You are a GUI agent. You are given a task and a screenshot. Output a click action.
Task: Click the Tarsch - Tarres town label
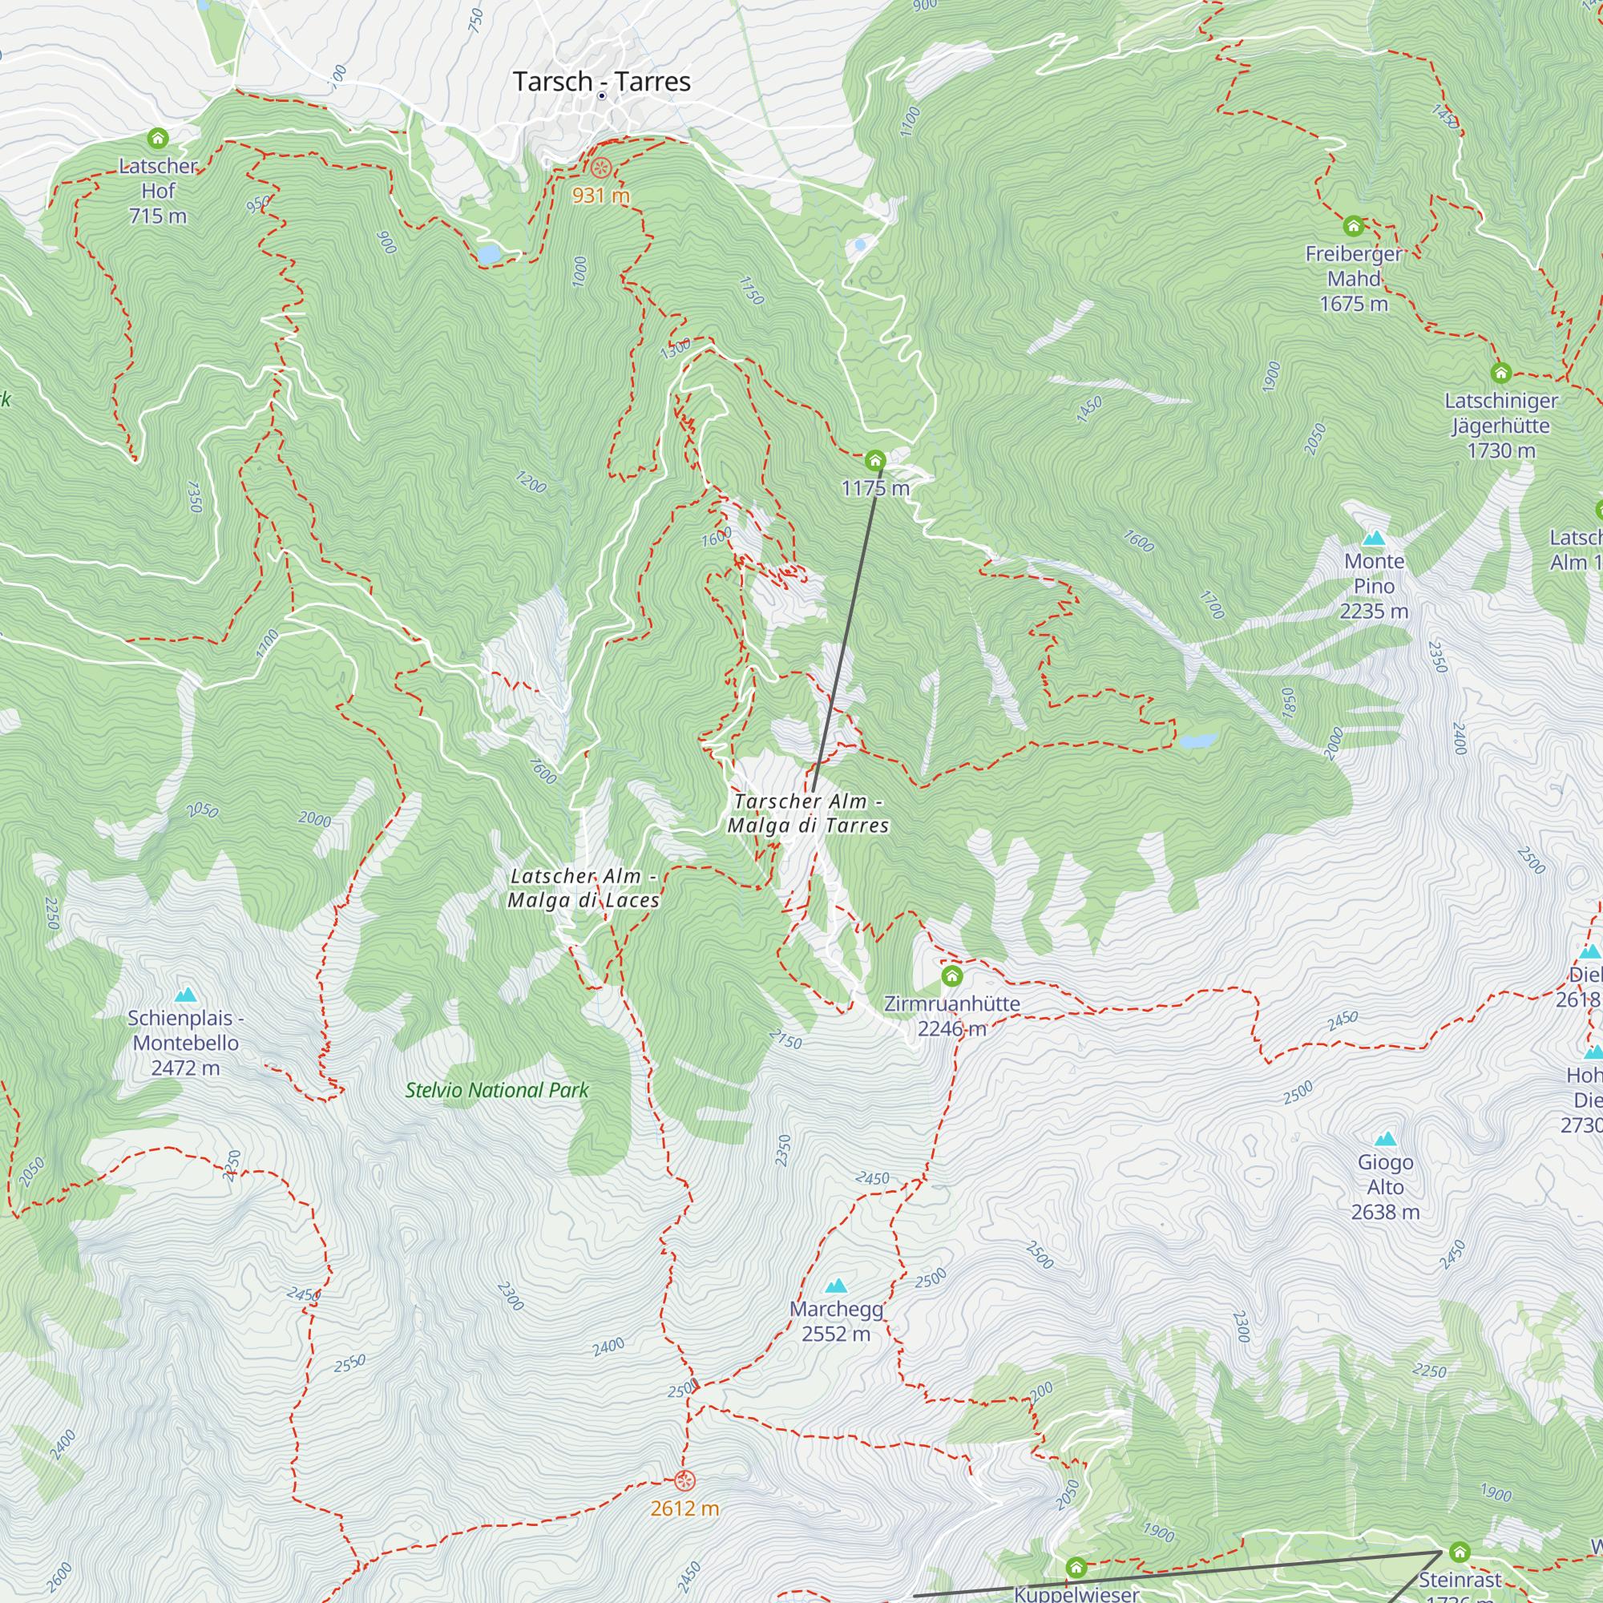click(x=602, y=81)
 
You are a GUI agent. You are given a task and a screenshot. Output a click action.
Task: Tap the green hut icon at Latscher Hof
click(x=158, y=138)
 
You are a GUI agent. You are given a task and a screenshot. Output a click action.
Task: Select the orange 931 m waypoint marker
click(x=600, y=168)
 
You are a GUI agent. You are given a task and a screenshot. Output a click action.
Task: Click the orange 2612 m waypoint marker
click(x=684, y=1481)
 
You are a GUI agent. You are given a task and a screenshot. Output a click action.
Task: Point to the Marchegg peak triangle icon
click(x=835, y=1286)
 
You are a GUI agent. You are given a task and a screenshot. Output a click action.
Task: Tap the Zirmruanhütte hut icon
click(x=951, y=975)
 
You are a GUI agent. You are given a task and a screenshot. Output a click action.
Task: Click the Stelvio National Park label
click(x=496, y=1090)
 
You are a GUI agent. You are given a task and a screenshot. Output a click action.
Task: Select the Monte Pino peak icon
click(x=1374, y=539)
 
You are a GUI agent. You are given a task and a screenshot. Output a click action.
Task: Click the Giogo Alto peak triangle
click(x=1385, y=1139)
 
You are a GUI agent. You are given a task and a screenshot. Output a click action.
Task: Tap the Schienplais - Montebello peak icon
click(x=186, y=995)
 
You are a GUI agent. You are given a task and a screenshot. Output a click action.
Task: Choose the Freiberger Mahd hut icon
click(x=1353, y=226)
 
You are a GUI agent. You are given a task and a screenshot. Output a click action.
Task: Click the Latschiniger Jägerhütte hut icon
click(x=1500, y=373)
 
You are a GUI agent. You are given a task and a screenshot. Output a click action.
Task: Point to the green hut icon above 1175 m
click(x=874, y=461)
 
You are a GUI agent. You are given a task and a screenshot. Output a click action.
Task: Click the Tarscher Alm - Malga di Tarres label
click(x=808, y=813)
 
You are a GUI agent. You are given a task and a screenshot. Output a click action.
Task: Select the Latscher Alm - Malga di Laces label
click(x=583, y=888)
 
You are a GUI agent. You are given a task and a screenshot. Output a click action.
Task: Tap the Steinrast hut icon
click(x=1460, y=1552)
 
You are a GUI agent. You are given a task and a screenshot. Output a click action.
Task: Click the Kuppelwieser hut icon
click(x=1076, y=1567)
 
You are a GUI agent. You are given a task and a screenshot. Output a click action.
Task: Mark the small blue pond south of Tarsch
click(x=488, y=253)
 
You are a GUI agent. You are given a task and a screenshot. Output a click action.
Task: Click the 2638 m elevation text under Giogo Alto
click(x=1385, y=1212)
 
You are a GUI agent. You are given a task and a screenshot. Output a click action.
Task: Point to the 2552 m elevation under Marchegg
click(x=835, y=1334)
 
